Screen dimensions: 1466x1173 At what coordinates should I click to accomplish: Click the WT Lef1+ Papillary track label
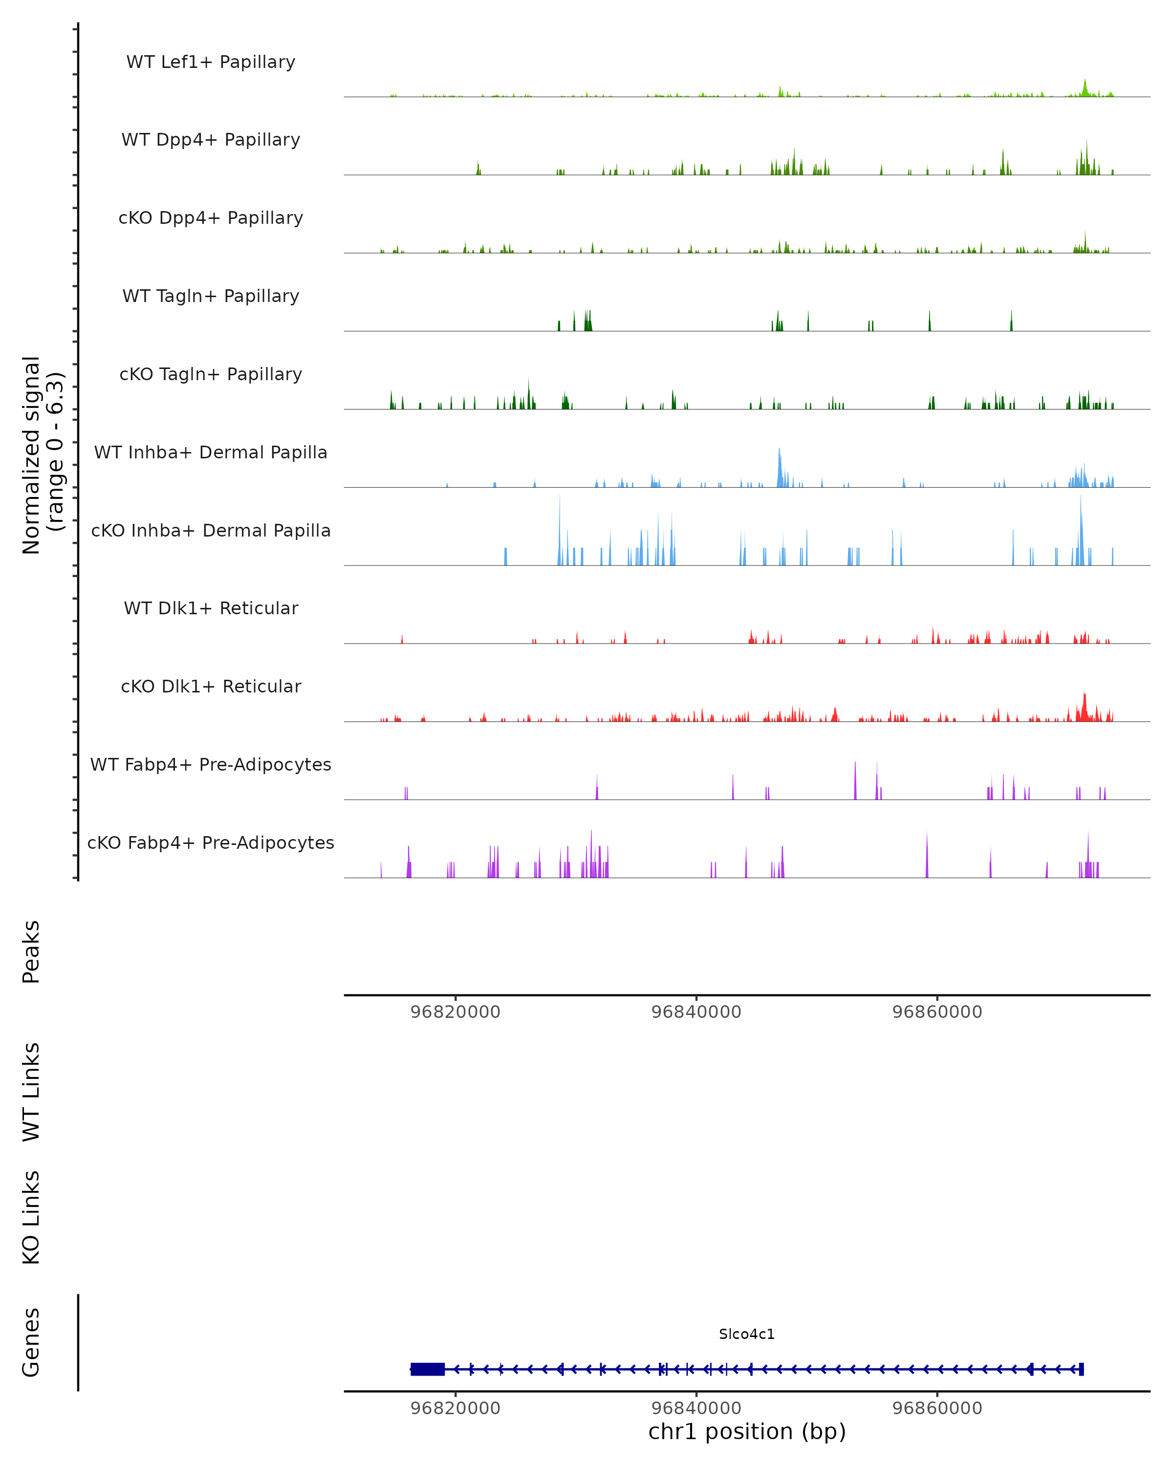point(211,62)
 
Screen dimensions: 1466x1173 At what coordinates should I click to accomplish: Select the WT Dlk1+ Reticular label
point(211,608)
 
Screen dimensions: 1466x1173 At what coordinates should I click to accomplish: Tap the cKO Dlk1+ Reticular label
point(211,686)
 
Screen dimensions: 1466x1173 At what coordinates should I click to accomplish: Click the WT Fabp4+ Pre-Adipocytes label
point(211,764)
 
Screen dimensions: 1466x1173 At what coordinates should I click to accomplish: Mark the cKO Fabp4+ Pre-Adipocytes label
point(211,842)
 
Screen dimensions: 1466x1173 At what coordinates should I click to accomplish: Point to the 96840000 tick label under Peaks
point(696,1012)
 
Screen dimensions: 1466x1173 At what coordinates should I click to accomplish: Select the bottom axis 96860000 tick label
point(937,1408)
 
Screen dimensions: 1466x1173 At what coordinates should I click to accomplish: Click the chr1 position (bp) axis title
point(747,1431)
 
